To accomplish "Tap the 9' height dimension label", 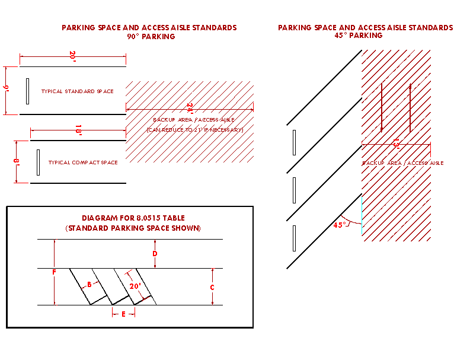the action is pyautogui.click(x=7, y=90).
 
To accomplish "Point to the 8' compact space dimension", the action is pyautogui.click(x=19, y=161).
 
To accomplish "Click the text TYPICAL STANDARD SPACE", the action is pyautogui.click(x=77, y=91).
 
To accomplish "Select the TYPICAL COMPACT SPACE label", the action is pyautogui.click(x=83, y=163).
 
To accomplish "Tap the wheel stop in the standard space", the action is pyautogui.click(x=27, y=91).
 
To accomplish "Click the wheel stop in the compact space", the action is pyautogui.click(x=38, y=162).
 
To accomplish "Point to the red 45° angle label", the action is pyautogui.click(x=340, y=225).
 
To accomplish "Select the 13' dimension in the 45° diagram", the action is pyautogui.click(x=395, y=144).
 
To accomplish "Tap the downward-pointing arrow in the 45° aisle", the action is pyautogui.click(x=382, y=107).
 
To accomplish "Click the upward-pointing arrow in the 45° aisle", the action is pyautogui.click(x=409, y=107).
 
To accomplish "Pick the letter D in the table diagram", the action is pyautogui.click(x=155, y=254).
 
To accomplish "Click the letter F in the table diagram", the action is pyautogui.click(x=54, y=272).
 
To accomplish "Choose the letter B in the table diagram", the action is pyautogui.click(x=89, y=284).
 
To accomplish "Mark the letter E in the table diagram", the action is pyautogui.click(x=123, y=314).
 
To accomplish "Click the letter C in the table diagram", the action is pyautogui.click(x=212, y=286).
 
